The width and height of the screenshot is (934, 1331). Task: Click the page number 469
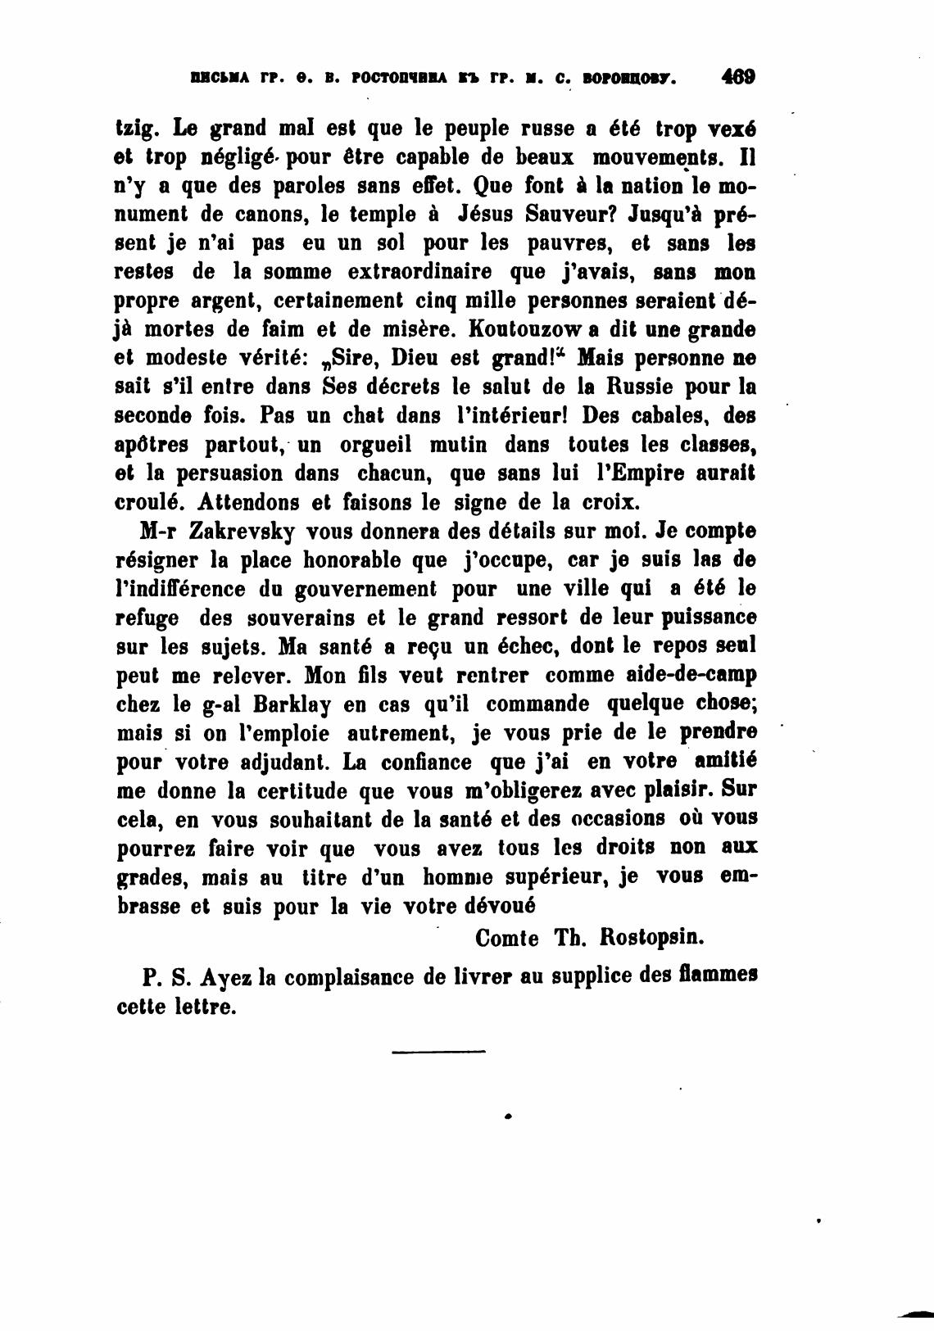(x=737, y=78)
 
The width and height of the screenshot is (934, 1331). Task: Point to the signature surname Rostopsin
(x=653, y=937)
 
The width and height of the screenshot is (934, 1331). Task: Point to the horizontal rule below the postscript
(x=438, y=1051)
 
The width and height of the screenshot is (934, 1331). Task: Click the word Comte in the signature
(x=506, y=937)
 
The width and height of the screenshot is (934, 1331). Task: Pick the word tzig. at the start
(x=134, y=129)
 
